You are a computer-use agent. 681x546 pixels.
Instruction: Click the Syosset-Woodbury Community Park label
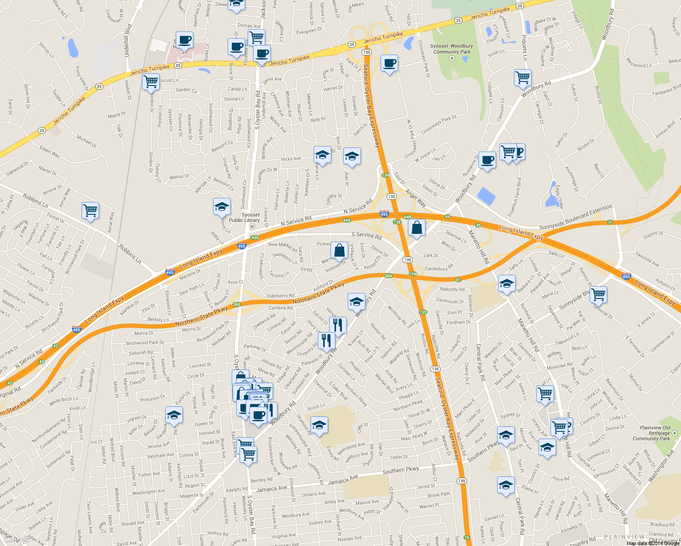[452, 49]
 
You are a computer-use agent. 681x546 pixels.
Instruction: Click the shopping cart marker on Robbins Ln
[90, 211]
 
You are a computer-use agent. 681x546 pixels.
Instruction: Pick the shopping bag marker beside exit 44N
[417, 227]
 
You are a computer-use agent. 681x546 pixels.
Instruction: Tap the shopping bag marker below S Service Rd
[339, 250]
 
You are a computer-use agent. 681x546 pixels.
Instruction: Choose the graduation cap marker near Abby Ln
[222, 207]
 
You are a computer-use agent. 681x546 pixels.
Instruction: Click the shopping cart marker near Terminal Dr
[598, 294]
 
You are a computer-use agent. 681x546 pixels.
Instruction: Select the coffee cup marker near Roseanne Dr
[487, 160]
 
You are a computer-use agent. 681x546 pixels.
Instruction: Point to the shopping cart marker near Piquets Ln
[523, 77]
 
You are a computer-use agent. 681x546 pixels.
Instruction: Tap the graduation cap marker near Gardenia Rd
[173, 415]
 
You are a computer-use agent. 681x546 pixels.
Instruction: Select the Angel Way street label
[415, 198]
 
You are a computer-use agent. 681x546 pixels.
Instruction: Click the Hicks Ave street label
[291, 159]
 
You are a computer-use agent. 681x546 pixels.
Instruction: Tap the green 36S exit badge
[236, 305]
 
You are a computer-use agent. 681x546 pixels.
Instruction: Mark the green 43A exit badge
[254, 238]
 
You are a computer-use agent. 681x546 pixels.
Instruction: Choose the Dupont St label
[653, 235]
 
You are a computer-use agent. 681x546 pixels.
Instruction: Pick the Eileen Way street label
[50, 152]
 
